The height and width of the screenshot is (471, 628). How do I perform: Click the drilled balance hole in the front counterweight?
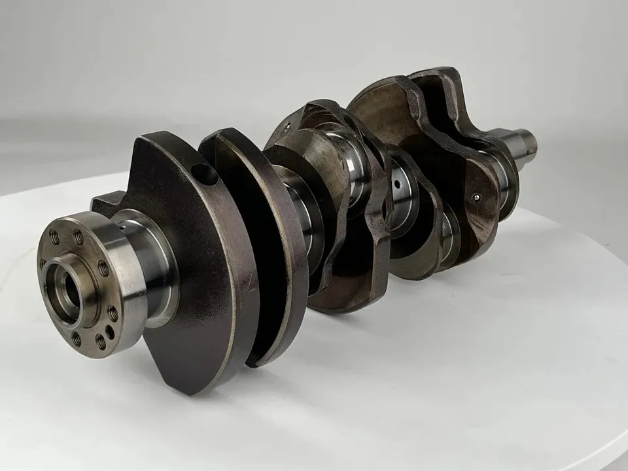coord(205,175)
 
